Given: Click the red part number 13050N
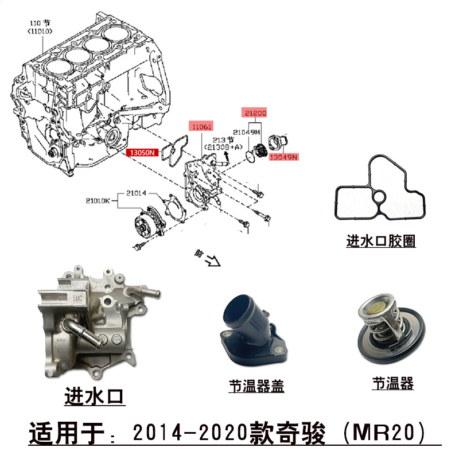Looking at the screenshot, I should point(141,153).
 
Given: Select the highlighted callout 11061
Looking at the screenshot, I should point(201,126).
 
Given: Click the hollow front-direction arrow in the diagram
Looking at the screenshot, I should point(213,260).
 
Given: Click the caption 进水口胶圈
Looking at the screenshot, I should point(380,241).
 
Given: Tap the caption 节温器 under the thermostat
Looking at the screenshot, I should point(392,383).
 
